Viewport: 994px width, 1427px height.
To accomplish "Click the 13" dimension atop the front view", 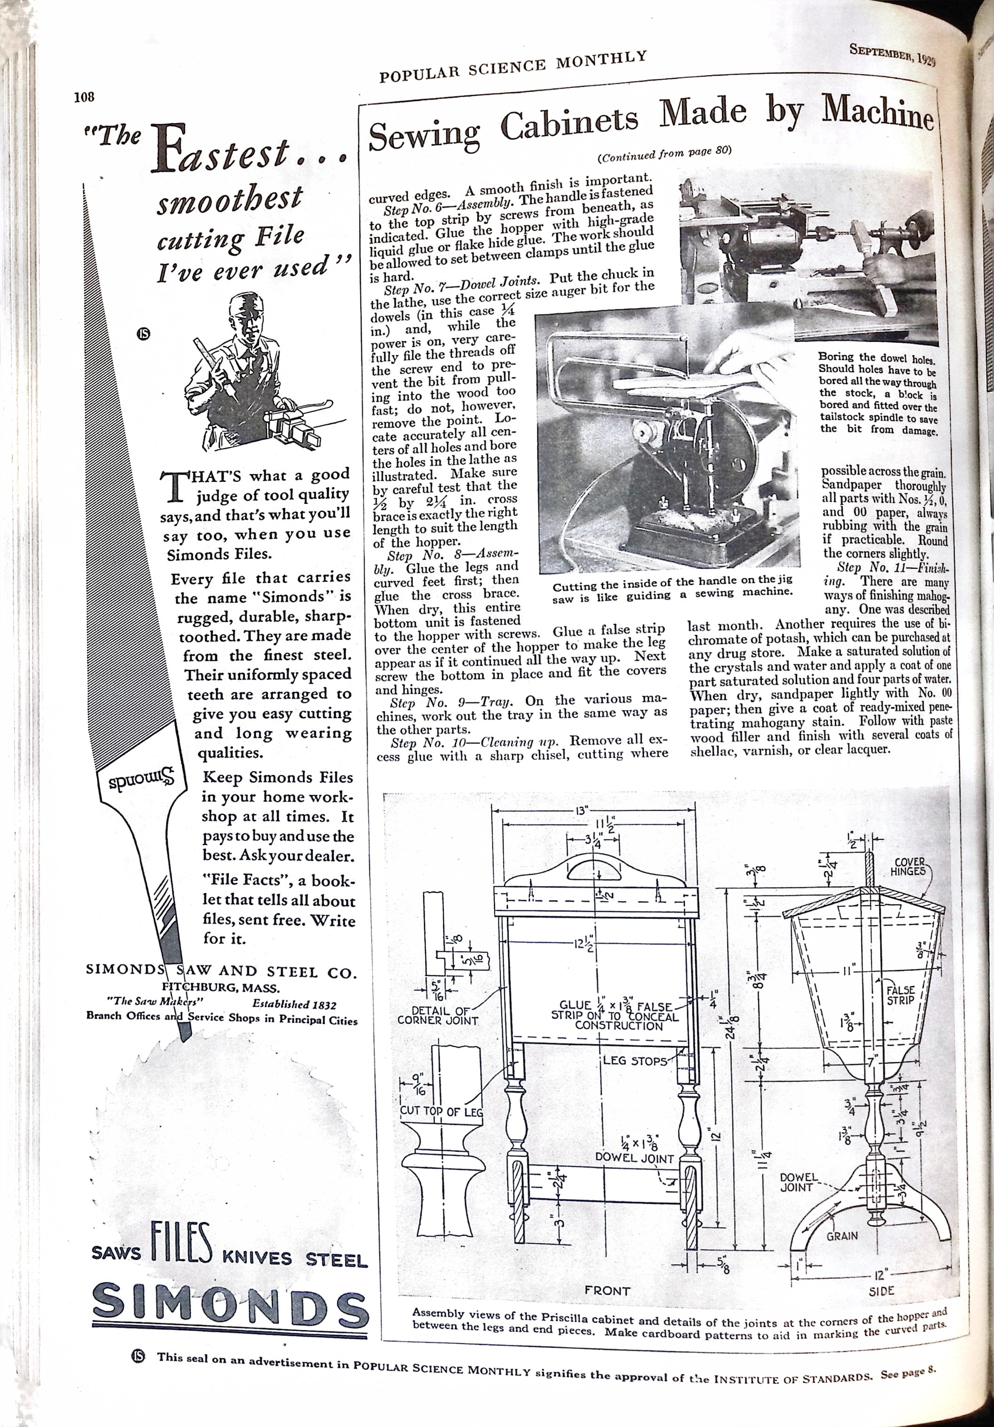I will (x=581, y=810).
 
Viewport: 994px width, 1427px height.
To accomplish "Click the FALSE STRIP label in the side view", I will (x=900, y=995).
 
